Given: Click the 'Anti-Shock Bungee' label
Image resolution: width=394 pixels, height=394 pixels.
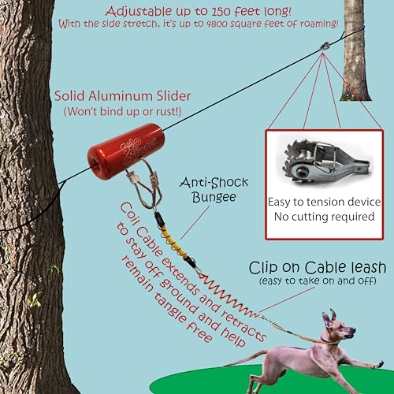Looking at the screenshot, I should tap(205, 186).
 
